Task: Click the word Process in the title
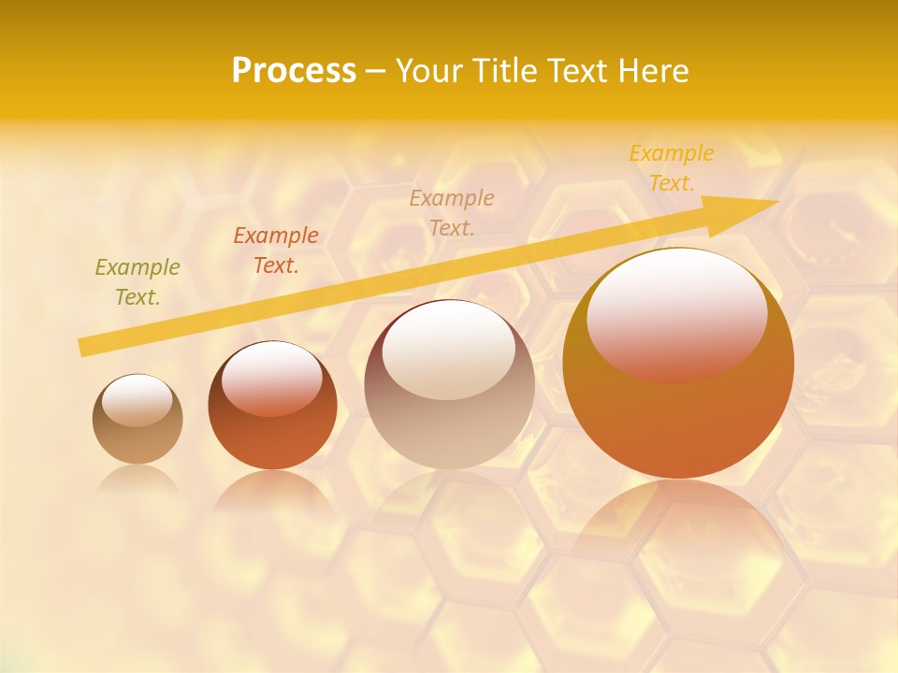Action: click(294, 71)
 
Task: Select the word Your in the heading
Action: click(431, 71)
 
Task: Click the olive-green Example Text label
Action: click(138, 282)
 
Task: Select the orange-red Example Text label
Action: click(276, 251)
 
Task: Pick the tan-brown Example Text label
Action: click(452, 213)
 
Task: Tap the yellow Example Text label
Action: click(672, 168)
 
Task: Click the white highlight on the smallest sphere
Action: click(138, 400)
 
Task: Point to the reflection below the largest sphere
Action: click(678, 523)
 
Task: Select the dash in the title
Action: click(376, 71)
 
